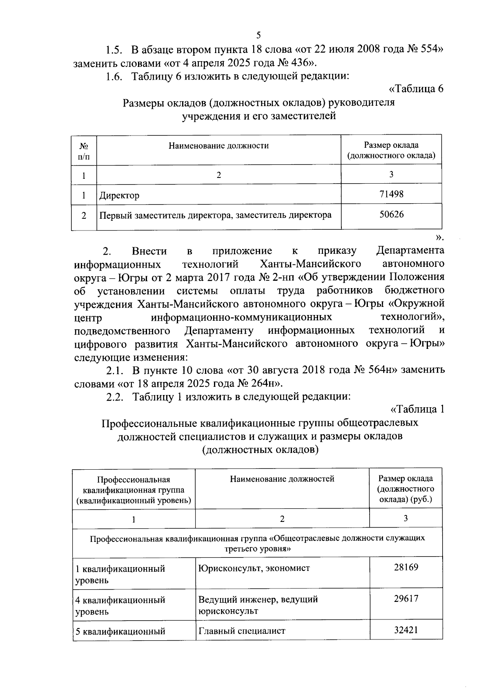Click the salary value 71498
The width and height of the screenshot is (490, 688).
(x=391, y=194)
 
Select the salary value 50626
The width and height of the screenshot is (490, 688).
(x=391, y=214)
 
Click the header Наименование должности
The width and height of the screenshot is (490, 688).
(x=219, y=146)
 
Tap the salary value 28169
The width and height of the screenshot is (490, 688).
(x=406, y=567)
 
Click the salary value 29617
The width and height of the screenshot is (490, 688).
(x=406, y=599)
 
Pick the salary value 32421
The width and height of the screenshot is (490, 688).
(x=406, y=630)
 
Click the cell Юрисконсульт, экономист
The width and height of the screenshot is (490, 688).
(x=254, y=568)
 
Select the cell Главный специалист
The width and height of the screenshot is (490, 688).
(x=242, y=631)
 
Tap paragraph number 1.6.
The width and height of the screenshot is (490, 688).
(x=114, y=76)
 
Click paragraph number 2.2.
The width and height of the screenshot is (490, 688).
(x=115, y=397)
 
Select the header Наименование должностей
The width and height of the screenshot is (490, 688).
(x=282, y=479)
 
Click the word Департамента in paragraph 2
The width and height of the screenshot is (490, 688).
(x=410, y=250)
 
